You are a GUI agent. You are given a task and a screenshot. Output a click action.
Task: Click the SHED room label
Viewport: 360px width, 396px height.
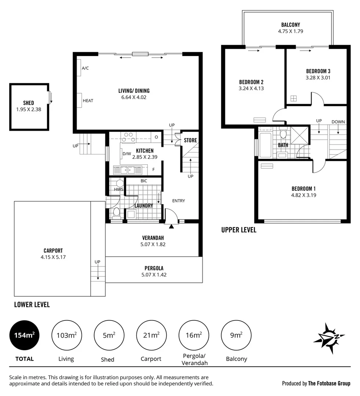(29, 103)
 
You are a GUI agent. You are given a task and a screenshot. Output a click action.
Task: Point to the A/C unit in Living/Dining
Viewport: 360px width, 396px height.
(79, 68)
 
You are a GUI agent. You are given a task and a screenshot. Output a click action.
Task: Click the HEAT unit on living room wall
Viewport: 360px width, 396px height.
(79, 100)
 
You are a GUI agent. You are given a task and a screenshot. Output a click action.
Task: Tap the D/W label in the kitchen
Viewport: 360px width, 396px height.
(127, 154)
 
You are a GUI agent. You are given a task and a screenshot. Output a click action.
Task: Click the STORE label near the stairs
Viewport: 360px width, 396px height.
(190, 140)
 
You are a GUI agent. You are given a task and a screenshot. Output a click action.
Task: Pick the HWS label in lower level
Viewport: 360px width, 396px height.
(119, 190)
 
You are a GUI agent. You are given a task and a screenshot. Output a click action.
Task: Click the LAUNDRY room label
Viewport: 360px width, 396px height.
(143, 206)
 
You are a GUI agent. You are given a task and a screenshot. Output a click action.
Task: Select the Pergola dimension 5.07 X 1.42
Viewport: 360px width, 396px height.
(154, 275)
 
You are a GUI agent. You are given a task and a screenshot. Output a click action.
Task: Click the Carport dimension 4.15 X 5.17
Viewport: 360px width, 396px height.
(53, 257)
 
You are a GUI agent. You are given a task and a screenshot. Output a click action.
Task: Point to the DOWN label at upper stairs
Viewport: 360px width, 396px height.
(338, 122)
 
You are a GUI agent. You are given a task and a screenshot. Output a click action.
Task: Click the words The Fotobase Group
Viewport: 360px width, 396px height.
(329, 384)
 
